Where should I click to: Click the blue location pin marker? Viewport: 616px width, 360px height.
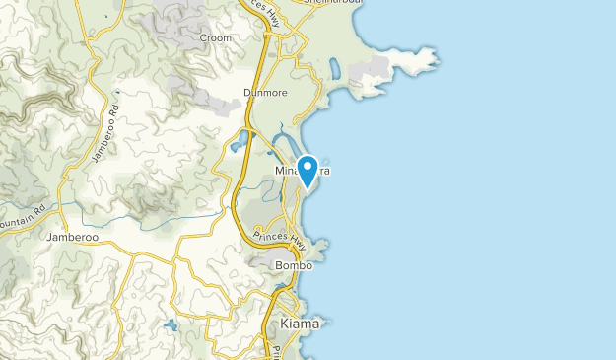pos(308,170)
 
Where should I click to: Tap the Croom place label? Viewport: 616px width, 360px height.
pos(216,38)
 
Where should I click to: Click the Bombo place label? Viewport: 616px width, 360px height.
pos(294,265)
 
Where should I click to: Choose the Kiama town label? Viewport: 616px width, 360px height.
pos(300,324)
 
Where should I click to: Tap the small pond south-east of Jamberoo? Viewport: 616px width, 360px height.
pos(170,324)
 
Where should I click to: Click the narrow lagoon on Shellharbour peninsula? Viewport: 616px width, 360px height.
pos(334,69)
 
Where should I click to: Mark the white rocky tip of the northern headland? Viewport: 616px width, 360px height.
pos(434,59)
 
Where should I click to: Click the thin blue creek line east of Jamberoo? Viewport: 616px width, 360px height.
pos(177,223)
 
